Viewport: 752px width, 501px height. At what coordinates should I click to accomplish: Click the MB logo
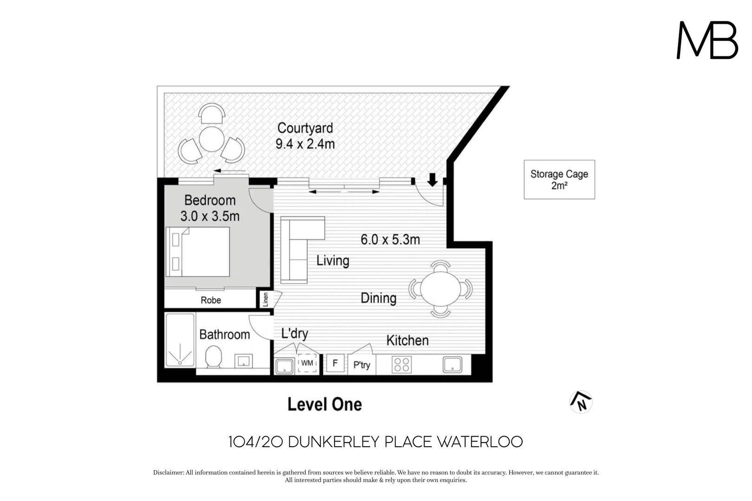(x=707, y=40)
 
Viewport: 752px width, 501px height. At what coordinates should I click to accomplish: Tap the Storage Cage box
(x=559, y=180)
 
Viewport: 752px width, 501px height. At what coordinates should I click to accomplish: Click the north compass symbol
(x=581, y=402)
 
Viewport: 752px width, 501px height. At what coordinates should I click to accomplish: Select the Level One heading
(x=324, y=404)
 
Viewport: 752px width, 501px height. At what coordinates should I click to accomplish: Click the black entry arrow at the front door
(x=432, y=180)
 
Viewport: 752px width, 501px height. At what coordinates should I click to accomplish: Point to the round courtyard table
(x=212, y=139)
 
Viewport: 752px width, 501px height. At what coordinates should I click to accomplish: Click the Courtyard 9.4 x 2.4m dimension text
(x=305, y=144)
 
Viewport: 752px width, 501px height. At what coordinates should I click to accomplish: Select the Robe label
(x=211, y=300)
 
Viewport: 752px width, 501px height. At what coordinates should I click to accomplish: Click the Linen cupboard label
(x=266, y=299)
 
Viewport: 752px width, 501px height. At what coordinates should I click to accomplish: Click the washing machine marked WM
(x=307, y=363)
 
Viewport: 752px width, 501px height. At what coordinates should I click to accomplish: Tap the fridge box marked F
(x=335, y=363)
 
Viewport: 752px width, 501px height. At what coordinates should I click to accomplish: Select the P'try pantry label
(x=362, y=365)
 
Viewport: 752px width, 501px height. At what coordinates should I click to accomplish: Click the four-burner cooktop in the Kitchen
(x=402, y=365)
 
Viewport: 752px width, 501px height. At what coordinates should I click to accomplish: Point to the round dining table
(x=440, y=288)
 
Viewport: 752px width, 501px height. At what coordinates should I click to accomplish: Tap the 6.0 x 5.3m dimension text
(x=390, y=240)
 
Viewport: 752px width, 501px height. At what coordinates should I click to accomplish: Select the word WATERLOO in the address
(x=480, y=442)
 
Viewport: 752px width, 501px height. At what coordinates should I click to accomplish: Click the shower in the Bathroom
(x=180, y=341)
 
